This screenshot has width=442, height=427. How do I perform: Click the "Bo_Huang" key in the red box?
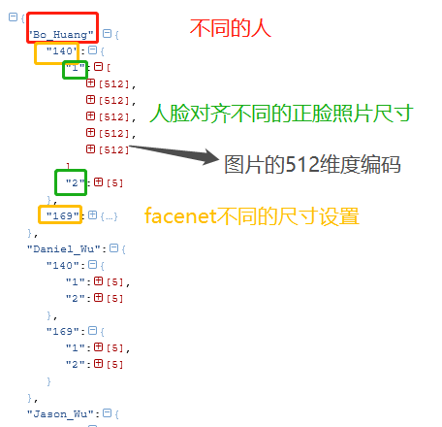tap(61, 34)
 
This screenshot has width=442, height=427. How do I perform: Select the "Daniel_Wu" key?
tap(64, 248)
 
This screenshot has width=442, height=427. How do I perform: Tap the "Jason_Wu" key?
tap(61, 413)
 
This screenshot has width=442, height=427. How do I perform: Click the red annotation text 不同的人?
tap(230, 28)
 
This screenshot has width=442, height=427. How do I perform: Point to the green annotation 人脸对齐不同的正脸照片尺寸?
tap(281, 113)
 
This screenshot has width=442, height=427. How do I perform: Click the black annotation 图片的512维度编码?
tap(312, 164)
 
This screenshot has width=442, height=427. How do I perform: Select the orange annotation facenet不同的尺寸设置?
tap(252, 215)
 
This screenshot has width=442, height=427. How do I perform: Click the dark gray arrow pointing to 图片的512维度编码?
tap(174, 153)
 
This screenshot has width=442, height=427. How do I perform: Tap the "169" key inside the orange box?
tap(62, 215)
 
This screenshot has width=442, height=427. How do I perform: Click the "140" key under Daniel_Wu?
tap(63, 265)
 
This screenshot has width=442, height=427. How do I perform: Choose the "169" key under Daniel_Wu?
tap(63, 331)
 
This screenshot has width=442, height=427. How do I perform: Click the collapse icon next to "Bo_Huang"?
tap(107, 33)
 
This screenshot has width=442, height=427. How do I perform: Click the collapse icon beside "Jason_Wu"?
tap(107, 413)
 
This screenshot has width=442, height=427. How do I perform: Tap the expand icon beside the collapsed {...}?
tap(92, 214)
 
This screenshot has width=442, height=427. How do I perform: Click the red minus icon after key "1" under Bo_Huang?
tap(98, 67)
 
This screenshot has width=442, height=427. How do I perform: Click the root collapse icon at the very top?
tap(13, 16)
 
